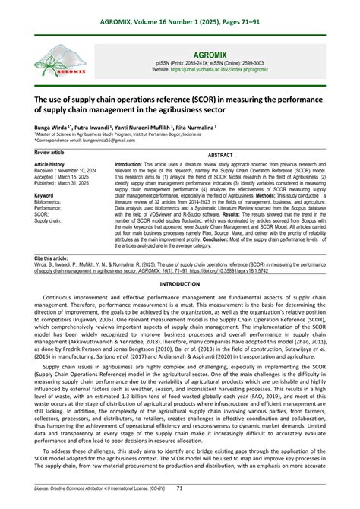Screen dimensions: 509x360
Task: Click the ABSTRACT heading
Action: point(219,154)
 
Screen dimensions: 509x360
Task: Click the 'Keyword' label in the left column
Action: point(44,195)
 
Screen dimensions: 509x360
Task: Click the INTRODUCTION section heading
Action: point(179,283)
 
